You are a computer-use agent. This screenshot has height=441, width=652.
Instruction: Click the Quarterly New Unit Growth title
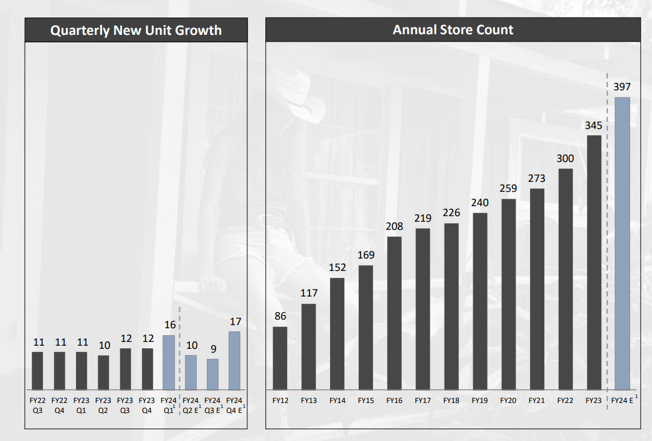click(x=136, y=30)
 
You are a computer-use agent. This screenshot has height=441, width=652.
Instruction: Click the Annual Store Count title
click(x=453, y=30)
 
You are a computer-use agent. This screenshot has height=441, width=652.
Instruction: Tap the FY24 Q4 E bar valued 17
click(x=235, y=361)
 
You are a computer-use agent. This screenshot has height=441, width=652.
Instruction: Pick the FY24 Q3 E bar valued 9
click(x=213, y=374)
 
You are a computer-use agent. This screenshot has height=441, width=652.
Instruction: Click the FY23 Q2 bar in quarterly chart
click(x=103, y=372)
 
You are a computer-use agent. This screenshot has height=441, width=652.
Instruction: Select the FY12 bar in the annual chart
click(x=280, y=358)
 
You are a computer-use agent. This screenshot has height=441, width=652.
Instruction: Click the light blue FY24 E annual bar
click(x=622, y=243)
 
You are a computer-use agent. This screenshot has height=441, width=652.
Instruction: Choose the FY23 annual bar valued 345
click(x=594, y=262)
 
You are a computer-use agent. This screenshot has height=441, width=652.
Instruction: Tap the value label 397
click(x=622, y=87)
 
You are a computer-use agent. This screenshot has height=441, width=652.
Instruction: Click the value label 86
click(x=280, y=316)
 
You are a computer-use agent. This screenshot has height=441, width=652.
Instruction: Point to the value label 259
click(x=508, y=188)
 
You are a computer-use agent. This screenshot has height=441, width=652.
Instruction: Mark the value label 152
click(x=337, y=268)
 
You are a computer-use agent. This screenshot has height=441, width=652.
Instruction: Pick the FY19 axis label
click(x=480, y=401)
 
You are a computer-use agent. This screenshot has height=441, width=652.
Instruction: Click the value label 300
click(x=565, y=158)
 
